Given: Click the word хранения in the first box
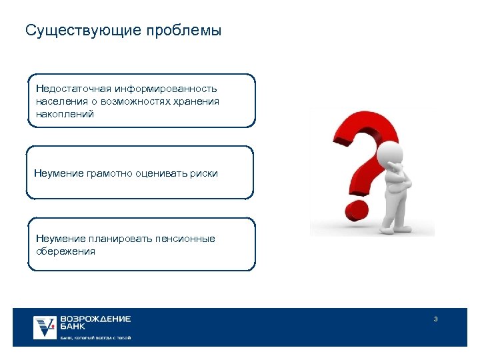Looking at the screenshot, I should click(x=199, y=101).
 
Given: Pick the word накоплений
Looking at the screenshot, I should click(x=65, y=114).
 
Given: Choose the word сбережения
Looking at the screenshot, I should click(x=66, y=251).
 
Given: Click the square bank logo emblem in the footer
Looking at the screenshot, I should click(x=45, y=327).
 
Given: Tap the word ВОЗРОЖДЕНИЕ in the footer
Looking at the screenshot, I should click(x=95, y=319).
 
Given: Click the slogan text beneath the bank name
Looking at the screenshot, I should click(x=95, y=338).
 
